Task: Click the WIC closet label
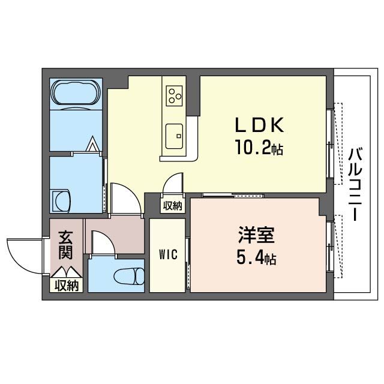[167, 254]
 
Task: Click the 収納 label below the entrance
[67, 286]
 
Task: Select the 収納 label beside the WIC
[173, 206]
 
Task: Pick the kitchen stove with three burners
[175, 94]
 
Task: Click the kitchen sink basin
[175, 133]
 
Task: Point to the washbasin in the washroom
[61, 200]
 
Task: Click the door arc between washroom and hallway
[125, 198]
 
